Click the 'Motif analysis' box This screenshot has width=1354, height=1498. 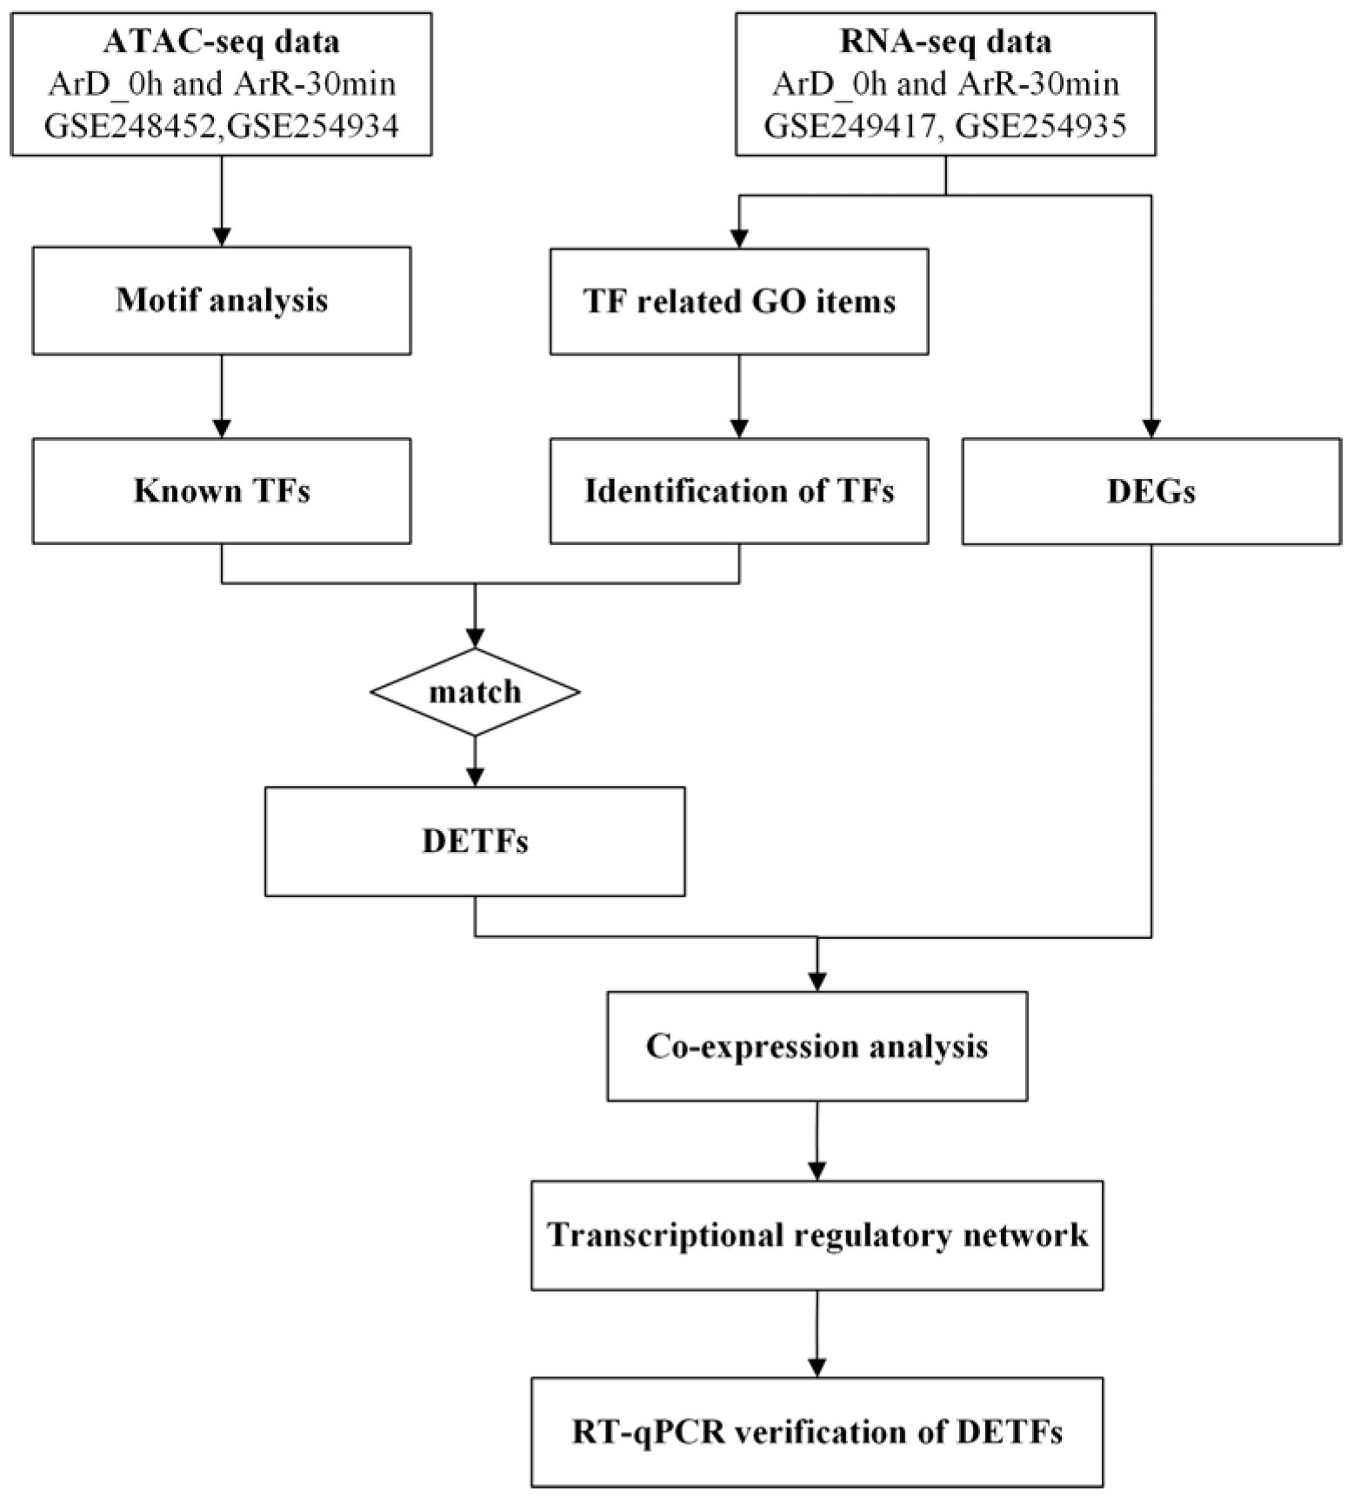click(222, 301)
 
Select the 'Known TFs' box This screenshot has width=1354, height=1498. click(222, 491)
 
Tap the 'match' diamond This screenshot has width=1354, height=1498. click(475, 692)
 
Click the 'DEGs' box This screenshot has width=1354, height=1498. click(1151, 492)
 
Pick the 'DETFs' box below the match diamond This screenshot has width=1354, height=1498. click(475, 842)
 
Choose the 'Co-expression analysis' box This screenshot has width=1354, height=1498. click(817, 1046)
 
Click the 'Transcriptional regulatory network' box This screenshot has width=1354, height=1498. click(817, 1235)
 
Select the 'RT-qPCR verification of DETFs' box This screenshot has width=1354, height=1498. click(817, 1432)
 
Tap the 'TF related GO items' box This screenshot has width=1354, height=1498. click(739, 302)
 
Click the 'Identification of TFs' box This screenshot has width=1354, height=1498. click(739, 491)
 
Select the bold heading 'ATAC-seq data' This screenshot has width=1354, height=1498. click(222, 42)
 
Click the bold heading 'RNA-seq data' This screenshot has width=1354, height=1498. click(945, 42)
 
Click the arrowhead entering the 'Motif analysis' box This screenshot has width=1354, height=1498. click(222, 236)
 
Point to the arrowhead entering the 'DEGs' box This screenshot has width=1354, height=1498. click(1151, 429)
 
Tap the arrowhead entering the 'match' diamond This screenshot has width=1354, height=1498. click(475, 639)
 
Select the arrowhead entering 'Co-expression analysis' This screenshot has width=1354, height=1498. click(817, 982)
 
